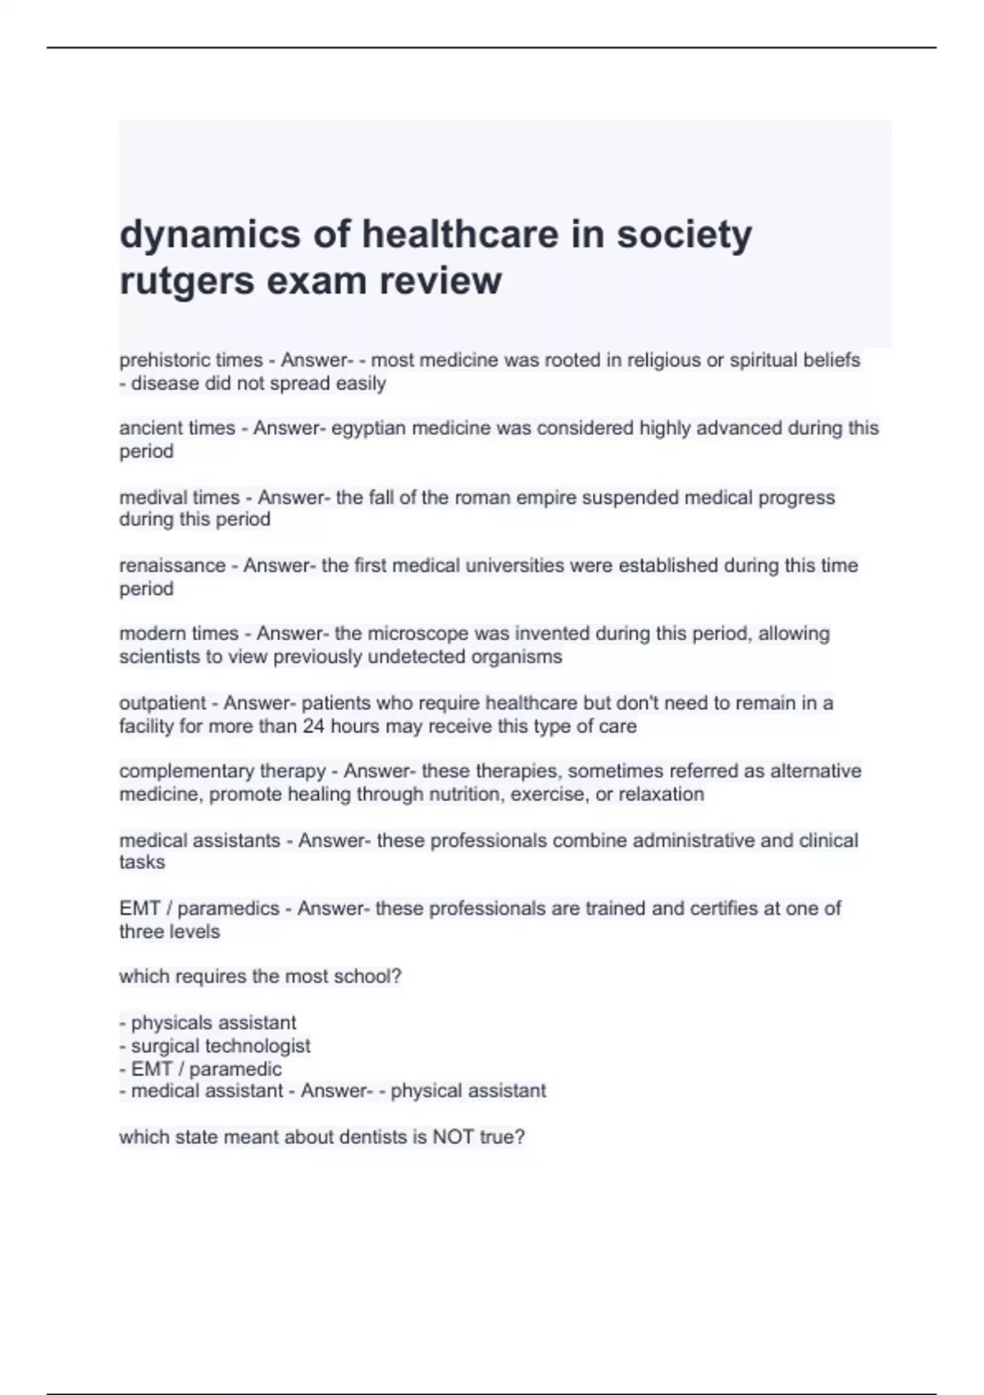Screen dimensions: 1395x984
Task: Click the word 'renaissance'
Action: pyautogui.click(x=172, y=565)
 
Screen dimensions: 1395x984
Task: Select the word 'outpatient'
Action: pyautogui.click(x=162, y=703)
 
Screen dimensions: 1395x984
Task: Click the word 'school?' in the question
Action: pyautogui.click(x=371, y=976)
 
